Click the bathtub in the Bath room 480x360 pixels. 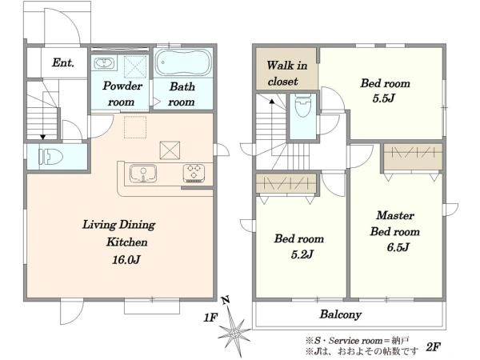point(183,62)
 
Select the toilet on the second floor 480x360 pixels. point(302,106)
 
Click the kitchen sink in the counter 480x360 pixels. point(143,174)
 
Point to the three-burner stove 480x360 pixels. point(194,174)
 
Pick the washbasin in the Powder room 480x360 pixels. point(104,63)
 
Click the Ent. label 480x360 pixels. point(63,62)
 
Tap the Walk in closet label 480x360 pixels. point(286,74)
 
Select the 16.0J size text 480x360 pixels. point(126,260)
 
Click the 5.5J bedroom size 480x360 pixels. point(383,98)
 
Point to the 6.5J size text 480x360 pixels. point(398,247)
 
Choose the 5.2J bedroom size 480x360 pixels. point(302,254)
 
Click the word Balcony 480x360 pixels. point(341,314)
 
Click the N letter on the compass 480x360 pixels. point(226,300)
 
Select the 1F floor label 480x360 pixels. point(210,318)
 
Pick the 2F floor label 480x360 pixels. point(434,347)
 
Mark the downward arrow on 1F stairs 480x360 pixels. point(43,123)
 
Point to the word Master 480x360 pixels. point(395,215)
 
